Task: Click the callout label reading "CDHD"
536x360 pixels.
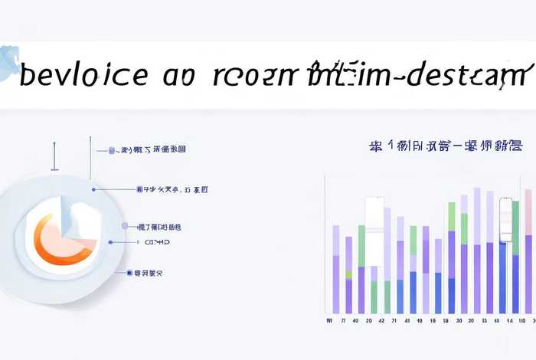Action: click(x=157, y=242)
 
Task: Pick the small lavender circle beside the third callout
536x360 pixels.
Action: click(x=125, y=227)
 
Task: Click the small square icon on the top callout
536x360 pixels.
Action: click(x=112, y=150)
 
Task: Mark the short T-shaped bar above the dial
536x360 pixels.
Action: click(x=54, y=157)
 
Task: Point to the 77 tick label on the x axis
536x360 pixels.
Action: click(x=344, y=320)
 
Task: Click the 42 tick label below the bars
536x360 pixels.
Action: click(x=381, y=320)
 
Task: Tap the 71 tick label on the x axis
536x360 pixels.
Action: click(x=394, y=320)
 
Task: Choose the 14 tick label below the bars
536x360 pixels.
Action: click(x=510, y=320)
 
